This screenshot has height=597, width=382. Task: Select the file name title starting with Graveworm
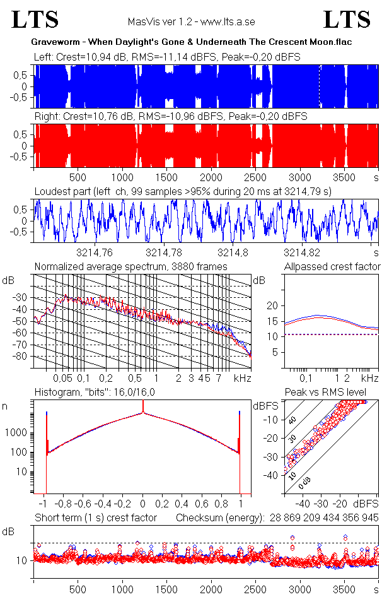coord(191,42)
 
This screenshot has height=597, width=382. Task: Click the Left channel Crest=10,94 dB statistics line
coord(167,57)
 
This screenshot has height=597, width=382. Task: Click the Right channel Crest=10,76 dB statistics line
coord(171,116)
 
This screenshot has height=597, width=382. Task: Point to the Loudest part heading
coord(183,191)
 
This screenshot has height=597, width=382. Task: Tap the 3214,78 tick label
coord(163,252)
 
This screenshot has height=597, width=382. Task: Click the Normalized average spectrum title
coord(130,267)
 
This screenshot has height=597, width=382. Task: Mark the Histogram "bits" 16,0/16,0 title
coord(100,393)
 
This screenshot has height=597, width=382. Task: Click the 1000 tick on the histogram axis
coord(18,433)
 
